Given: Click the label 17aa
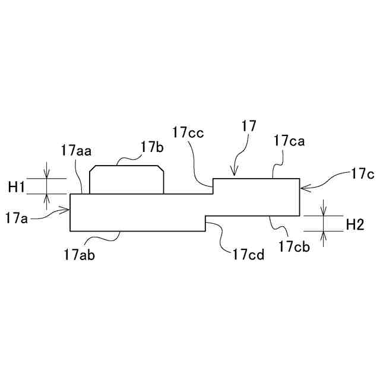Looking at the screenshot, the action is point(76,151).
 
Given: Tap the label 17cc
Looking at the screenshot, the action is point(188,132).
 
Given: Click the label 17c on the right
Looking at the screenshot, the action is point(362,175).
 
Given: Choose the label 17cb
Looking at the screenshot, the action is point(294,245).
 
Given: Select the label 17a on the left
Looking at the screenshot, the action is point(17,218).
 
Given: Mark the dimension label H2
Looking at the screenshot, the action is point(354,224).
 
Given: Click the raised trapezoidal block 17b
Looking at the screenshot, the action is point(126,180).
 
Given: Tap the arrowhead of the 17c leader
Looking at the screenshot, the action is point(303,188).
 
